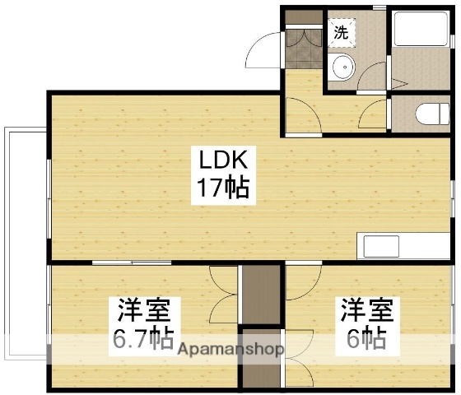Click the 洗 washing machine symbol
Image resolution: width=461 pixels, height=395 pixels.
click(x=341, y=32)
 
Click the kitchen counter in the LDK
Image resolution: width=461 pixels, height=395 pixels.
click(x=404, y=246)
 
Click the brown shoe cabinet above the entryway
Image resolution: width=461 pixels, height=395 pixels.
click(x=302, y=16)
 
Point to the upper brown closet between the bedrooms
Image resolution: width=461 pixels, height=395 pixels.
click(x=259, y=295)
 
